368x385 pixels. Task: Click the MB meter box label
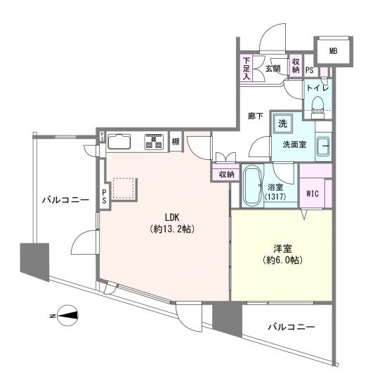[x=333, y=51]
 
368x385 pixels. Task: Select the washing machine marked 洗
[x=283, y=123]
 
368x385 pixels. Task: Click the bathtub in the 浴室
[x=252, y=184]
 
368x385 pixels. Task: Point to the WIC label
[x=313, y=194]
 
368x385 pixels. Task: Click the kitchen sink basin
[x=119, y=142]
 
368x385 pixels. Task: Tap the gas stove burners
[x=154, y=142]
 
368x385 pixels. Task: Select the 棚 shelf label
[x=176, y=142]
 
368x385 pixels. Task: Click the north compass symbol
[x=67, y=316]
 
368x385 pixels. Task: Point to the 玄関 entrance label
[x=273, y=69]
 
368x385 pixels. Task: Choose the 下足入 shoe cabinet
[x=247, y=69]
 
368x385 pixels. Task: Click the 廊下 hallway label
[x=256, y=116]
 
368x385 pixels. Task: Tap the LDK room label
[x=172, y=217]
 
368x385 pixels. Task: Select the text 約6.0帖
[x=282, y=260]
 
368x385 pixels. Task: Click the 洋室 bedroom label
[x=283, y=248]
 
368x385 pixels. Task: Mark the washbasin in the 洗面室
[x=323, y=147]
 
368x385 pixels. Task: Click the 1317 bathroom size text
[x=275, y=196]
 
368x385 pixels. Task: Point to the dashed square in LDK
[x=124, y=189]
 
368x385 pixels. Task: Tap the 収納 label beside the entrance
[x=296, y=66]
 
